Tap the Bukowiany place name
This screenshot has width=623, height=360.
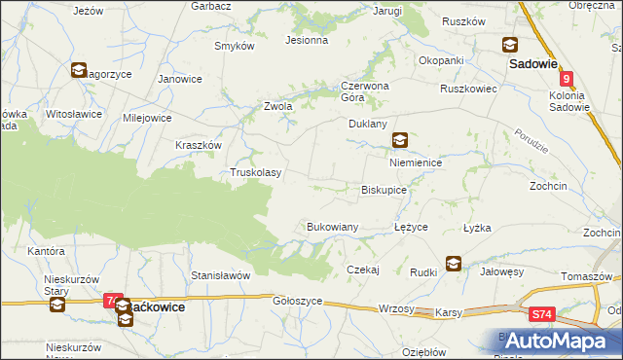[333, 227]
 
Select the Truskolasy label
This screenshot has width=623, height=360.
[255, 173]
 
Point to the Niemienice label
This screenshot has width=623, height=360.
[416, 163]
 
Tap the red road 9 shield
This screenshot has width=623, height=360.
[567, 75]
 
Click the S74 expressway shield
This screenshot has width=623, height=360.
[543, 315]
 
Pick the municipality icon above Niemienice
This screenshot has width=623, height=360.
[400, 140]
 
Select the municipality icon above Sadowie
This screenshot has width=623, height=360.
[509, 44]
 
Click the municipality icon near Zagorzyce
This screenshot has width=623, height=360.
[78, 69]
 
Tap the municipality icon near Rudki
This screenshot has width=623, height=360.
[454, 263]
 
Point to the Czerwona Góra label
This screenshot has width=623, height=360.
[364, 90]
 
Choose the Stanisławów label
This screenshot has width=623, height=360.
[221, 275]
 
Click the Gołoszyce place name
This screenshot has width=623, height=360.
[298, 302]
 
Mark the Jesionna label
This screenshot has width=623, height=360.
[306, 41]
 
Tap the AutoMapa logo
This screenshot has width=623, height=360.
[556, 341]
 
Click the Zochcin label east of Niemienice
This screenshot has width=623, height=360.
[575, 184]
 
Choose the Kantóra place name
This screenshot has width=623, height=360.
[46, 251]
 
